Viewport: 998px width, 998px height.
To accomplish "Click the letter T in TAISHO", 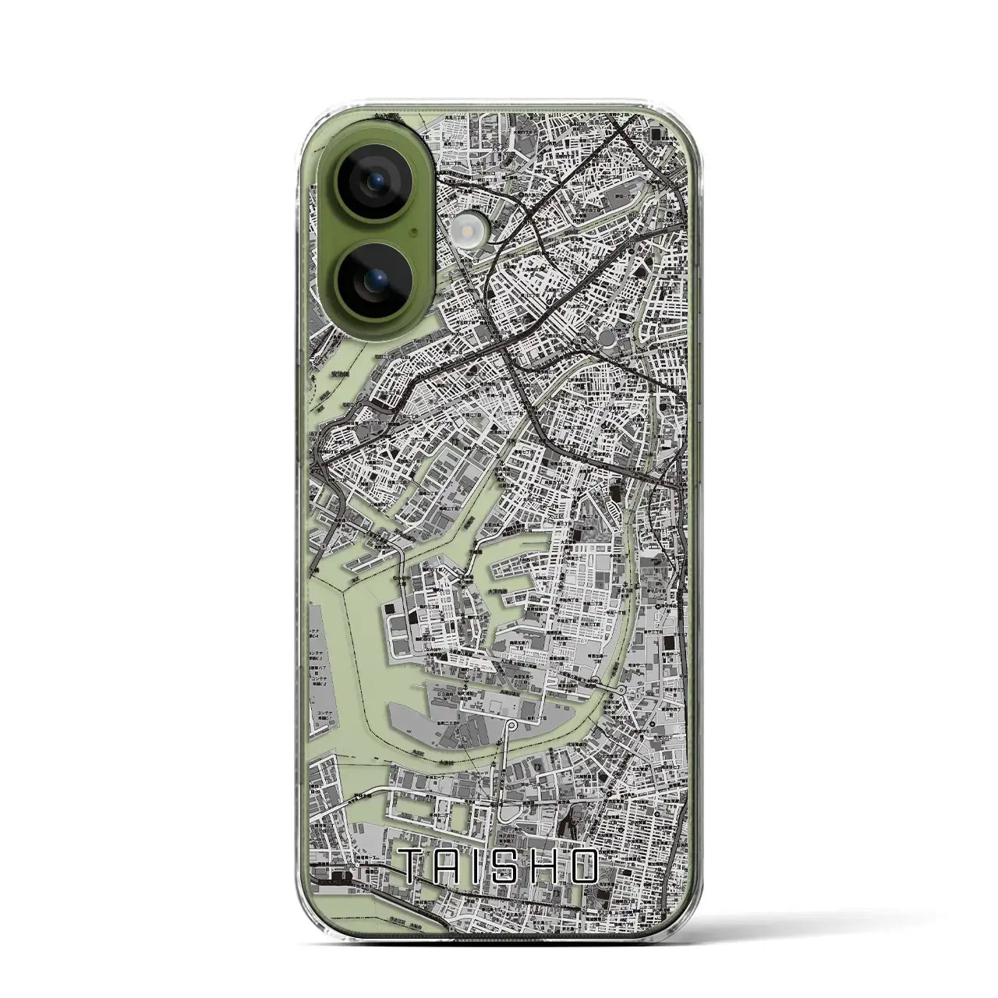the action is [x=413, y=868].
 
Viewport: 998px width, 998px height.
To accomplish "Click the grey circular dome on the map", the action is [x=608, y=339].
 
